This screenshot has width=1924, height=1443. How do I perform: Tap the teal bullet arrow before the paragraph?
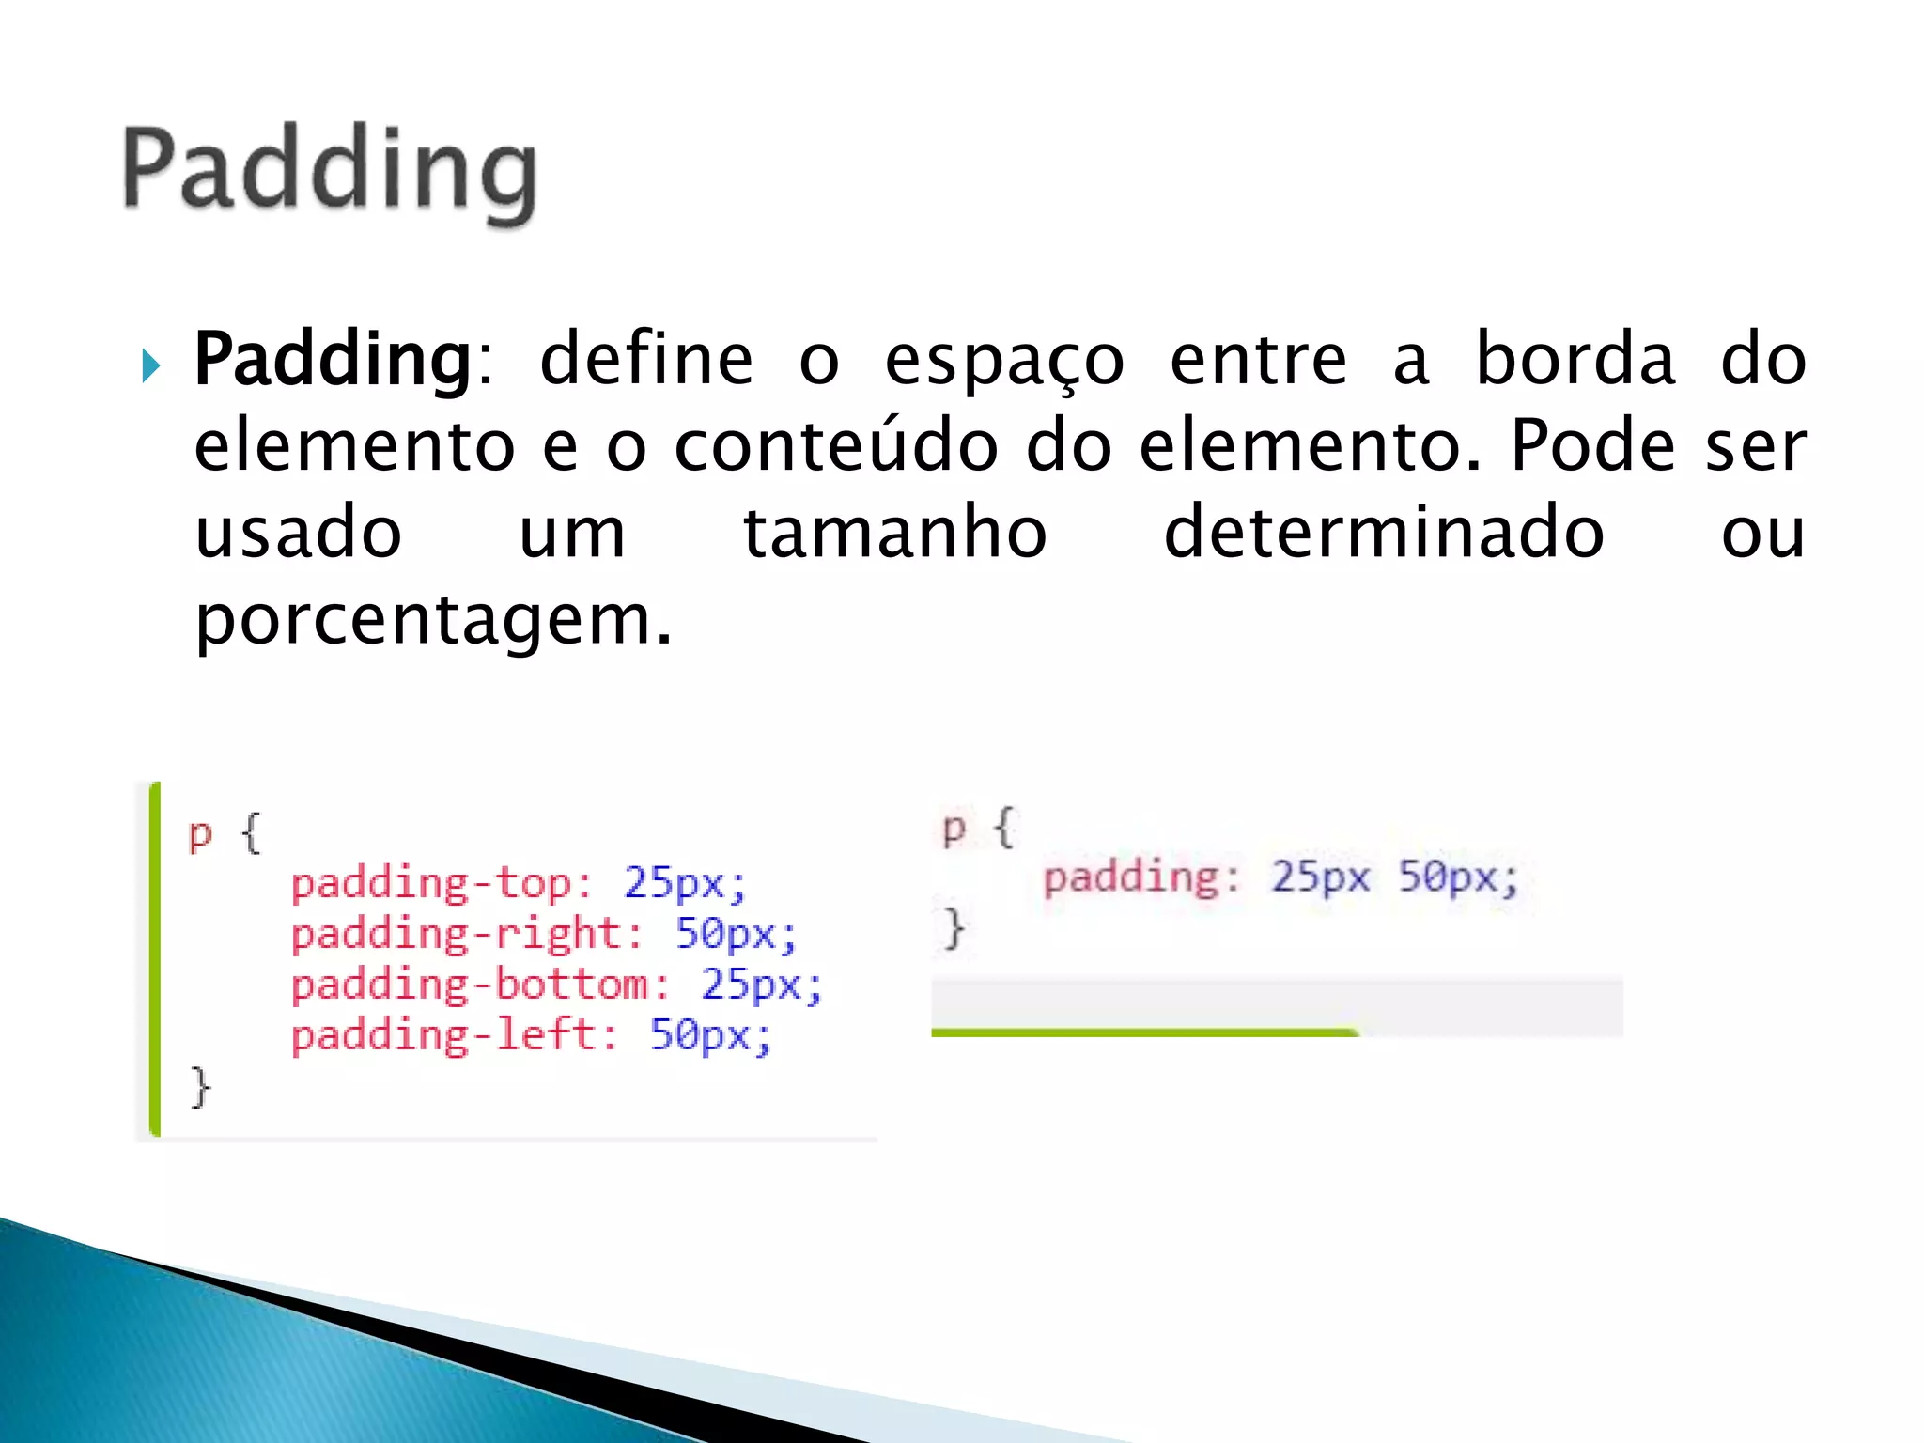150,365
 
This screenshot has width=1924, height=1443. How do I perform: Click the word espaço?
1003,362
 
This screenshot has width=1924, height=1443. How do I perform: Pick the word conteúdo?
836,445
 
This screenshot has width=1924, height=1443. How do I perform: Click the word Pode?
1592,445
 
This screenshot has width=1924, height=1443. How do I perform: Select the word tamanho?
894,533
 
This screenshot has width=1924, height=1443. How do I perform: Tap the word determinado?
1384,533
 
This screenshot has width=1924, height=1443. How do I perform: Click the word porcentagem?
433,621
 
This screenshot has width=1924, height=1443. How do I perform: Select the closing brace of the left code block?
200,1088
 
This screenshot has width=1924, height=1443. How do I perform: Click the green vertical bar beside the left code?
155,958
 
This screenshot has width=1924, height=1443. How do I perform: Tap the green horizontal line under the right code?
1144,1032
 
